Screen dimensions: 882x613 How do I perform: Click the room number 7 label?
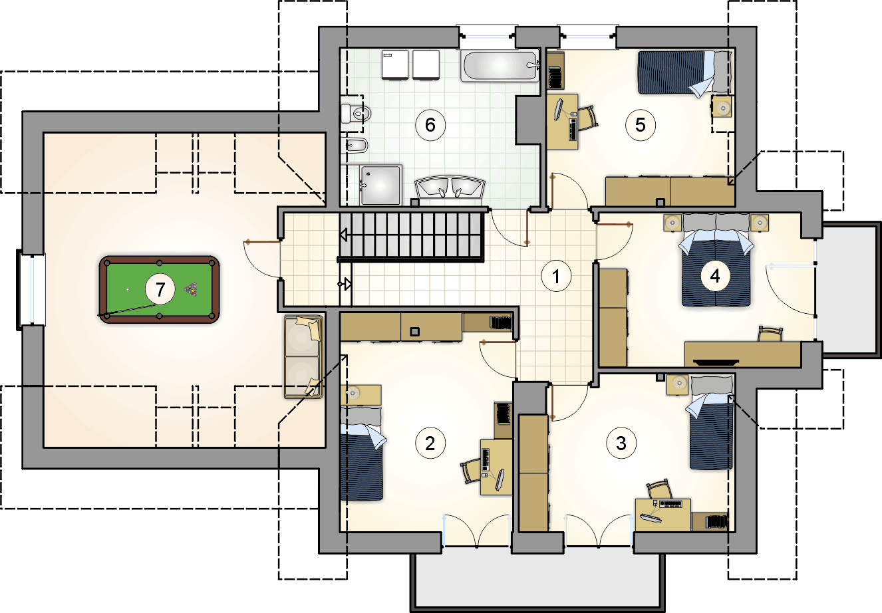160,290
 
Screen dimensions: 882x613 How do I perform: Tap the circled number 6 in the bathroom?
430,125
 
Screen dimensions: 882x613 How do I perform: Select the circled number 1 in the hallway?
556,276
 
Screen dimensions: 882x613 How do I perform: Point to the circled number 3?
621,443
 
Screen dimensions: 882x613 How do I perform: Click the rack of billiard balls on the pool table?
191,290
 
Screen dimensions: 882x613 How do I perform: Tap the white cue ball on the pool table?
128,290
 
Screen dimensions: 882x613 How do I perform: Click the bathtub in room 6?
500,65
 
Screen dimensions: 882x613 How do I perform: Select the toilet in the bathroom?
356,114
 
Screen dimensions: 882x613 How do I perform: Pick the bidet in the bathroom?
357,145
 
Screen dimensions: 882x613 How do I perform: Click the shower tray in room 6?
380,185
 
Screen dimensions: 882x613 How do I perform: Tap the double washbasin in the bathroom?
450,187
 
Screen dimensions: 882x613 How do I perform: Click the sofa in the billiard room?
303,356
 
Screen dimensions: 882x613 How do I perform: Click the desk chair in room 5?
587,117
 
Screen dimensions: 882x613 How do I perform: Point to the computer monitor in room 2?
500,479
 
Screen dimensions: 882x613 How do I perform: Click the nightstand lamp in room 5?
722,107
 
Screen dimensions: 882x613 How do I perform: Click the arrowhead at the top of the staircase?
343,235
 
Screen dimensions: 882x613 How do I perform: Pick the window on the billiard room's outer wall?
31,290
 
